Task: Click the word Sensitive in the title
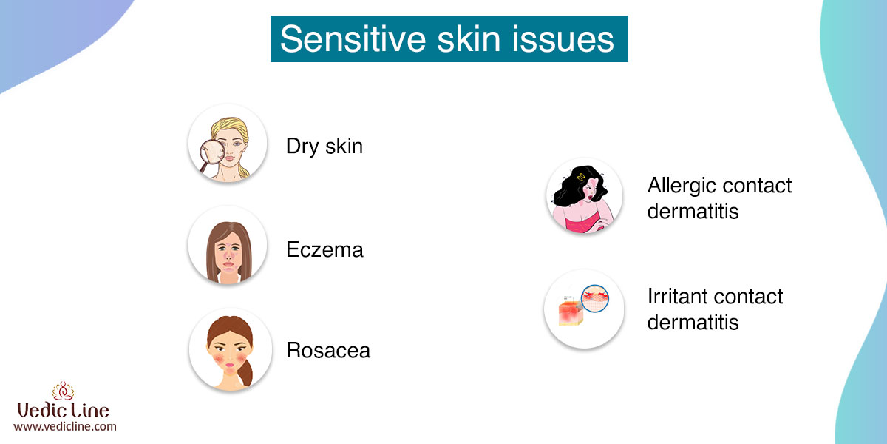point(353,38)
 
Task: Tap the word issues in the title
point(563,38)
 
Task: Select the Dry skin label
point(324,147)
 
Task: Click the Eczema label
point(324,250)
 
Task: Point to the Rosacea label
point(328,351)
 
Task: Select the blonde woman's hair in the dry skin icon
point(231,129)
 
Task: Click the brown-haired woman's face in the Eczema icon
point(228,253)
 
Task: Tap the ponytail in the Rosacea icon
point(245,371)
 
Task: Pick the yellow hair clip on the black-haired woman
point(581,177)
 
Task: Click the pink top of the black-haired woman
point(583,223)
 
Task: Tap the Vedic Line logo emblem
point(63,391)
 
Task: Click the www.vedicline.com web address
point(65,426)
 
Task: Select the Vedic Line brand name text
point(63,410)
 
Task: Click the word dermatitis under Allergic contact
point(693,211)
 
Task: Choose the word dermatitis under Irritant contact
point(693,322)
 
